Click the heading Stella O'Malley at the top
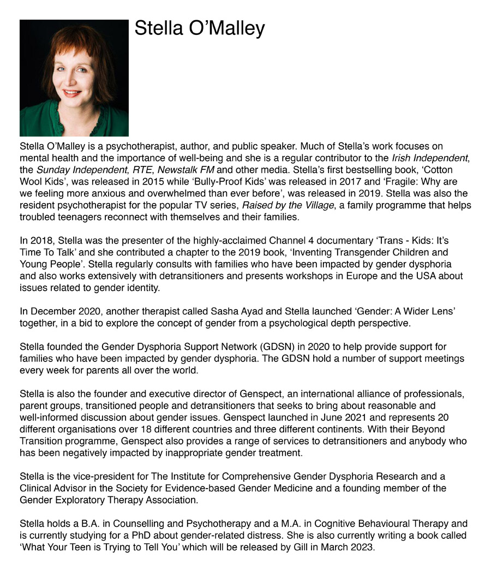[x=200, y=28]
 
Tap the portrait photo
[x=74, y=78]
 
